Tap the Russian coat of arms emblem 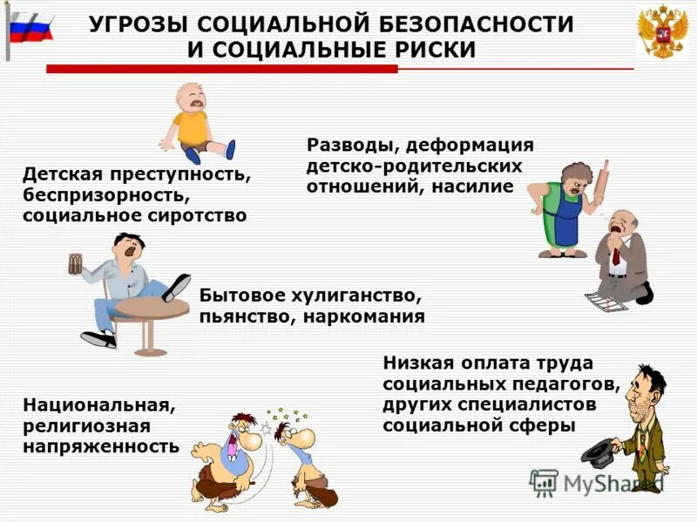pyautogui.click(x=661, y=31)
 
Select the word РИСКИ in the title pyautogui.click(x=436, y=50)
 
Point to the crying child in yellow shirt pyautogui.click(x=193, y=123)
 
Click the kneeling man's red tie pyautogui.click(x=615, y=255)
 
